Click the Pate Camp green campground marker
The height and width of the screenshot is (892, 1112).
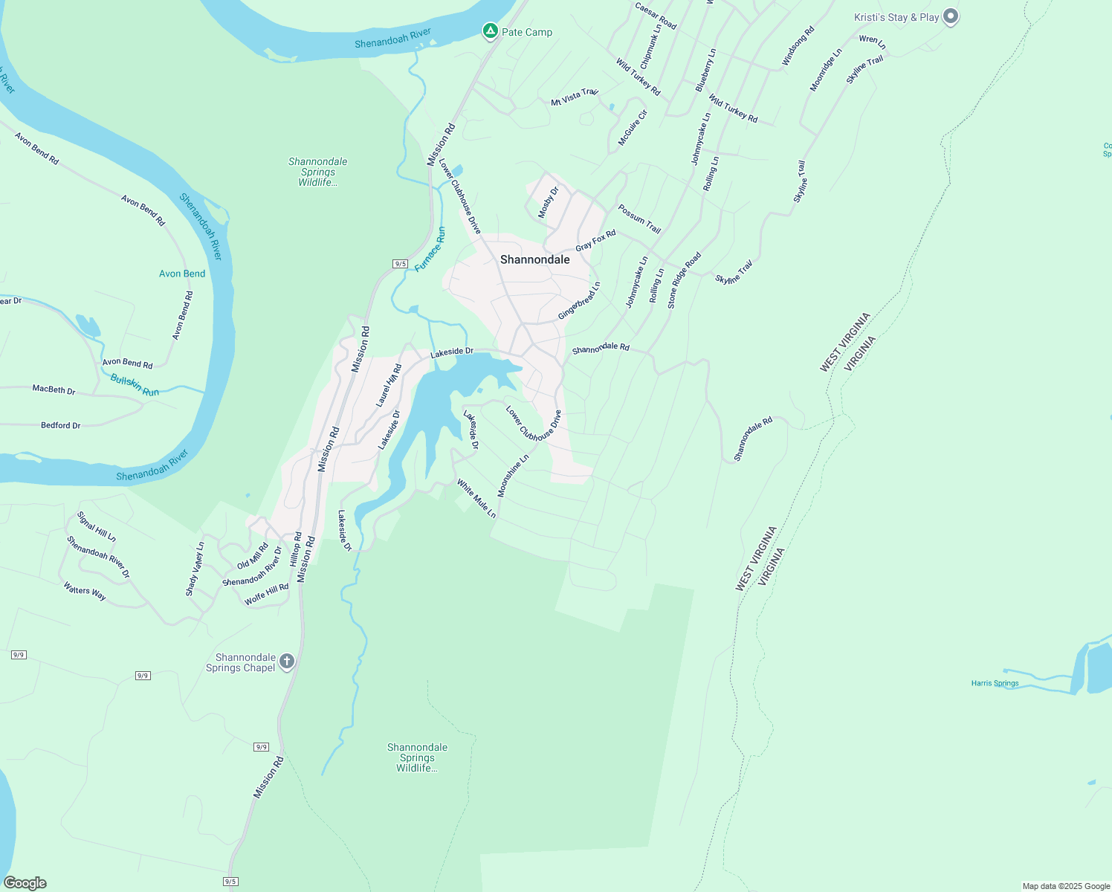coord(490,31)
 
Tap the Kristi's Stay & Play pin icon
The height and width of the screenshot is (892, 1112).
coord(950,16)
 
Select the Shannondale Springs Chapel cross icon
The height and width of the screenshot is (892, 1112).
coord(286,662)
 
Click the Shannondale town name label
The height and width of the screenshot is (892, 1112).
coord(535,259)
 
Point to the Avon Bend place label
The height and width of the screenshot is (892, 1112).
coord(182,274)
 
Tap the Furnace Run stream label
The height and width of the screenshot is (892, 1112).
coord(430,249)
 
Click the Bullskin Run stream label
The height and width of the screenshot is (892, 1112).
coord(135,385)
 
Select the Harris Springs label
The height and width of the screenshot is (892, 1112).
coord(995,683)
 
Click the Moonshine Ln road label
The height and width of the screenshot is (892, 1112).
coord(513,476)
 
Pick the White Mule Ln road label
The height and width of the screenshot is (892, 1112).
coord(476,498)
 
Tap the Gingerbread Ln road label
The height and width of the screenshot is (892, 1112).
coord(579,300)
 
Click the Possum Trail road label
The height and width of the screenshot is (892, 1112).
coord(639,219)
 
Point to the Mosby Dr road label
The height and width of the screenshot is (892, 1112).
coord(549,202)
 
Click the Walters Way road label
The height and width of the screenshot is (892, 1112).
coord(85,591)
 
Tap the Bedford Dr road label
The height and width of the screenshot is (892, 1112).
coord(61,425)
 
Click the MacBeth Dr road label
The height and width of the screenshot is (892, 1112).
coord(54,390)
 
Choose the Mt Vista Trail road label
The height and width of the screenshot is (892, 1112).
coord(575,97)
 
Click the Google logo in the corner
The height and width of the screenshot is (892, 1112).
coord(25,883)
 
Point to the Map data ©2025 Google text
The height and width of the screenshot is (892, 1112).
coord(1066,886)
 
